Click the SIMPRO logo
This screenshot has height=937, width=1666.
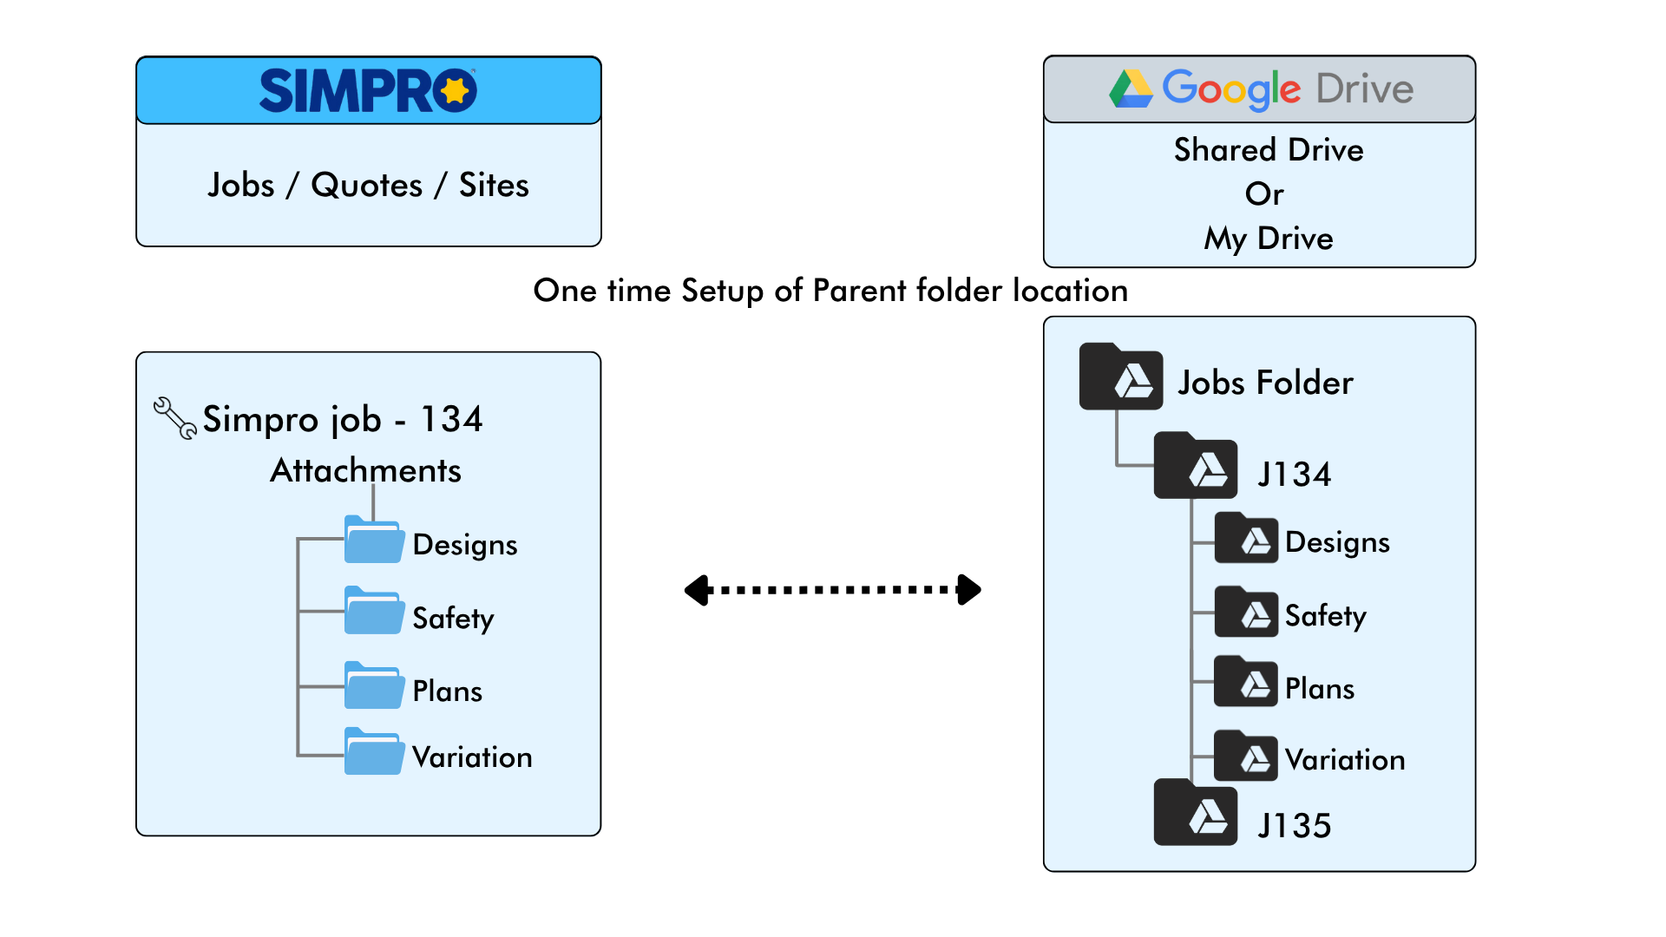[368, 90]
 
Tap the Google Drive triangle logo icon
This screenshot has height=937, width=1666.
[1131, 88]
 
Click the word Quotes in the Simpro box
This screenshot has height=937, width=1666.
[366, 185]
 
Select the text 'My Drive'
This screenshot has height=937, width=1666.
[1268, 238]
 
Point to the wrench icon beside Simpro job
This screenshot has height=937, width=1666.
[174, 418]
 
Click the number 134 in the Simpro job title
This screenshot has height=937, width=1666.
[451, 419]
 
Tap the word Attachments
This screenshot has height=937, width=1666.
[365, 470]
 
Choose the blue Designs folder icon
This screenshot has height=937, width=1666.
[374, 540]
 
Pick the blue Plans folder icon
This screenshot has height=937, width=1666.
[374, 685]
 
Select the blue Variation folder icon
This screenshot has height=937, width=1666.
[374, 751]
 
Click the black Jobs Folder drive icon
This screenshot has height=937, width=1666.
[1120, 377]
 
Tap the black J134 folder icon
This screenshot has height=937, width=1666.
[1195, 466]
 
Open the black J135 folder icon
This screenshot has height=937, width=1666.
[1195, 813]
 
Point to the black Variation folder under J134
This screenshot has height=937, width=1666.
[1246, 757]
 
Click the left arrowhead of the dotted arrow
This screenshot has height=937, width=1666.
[698, 590]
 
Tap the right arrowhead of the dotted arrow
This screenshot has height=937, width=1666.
[968, 590]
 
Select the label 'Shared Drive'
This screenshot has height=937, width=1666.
[1268, 149]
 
